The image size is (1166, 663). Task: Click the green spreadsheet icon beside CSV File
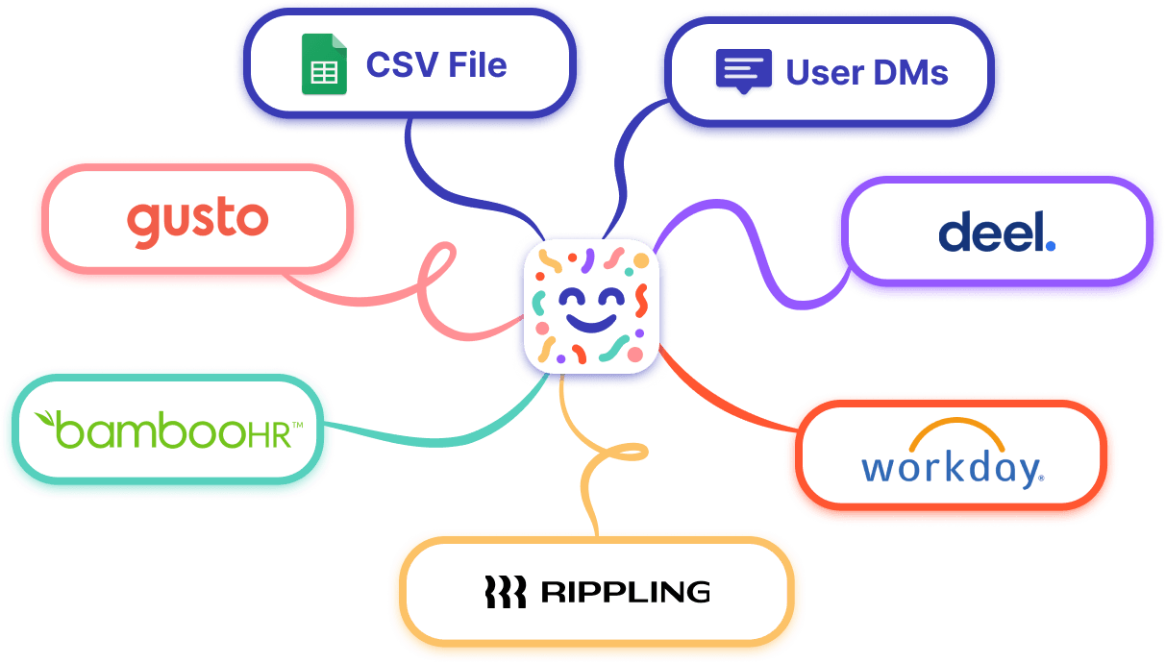point(324,65)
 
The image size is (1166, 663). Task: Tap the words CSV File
point(435,65)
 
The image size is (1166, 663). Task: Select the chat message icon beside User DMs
point(743,71)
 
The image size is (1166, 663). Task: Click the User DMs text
point(867,72)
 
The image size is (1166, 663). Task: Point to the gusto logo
point(197,220)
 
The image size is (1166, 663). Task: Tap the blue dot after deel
point(1050,245)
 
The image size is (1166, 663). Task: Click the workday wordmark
point(951,468)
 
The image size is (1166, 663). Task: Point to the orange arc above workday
point(956,431)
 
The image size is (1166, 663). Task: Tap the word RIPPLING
point(625,591)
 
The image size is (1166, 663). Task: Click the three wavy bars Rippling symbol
point(505,592)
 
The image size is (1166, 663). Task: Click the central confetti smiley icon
point(589,304)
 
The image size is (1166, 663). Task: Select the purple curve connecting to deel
point(759,259)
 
